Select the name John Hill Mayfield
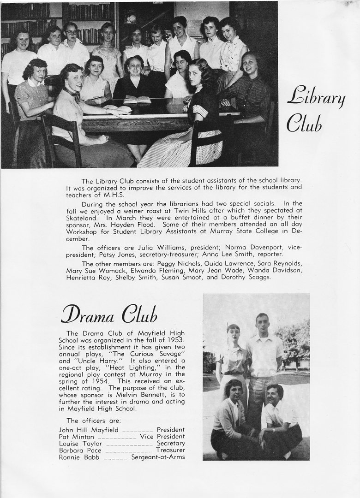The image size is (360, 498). (x=86, y=430)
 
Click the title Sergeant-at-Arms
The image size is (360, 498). (x=158, y=457)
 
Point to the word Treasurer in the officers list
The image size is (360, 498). (x=170, y=450)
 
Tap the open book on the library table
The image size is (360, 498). (x=137, y=99)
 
